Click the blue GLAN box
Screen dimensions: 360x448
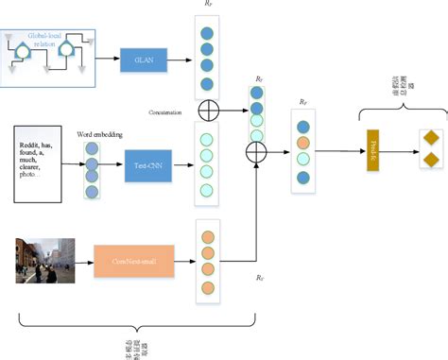pos(145,61)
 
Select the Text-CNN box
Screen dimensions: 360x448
pos(146,166)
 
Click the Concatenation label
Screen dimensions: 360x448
pos(171,111)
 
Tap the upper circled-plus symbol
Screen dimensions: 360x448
pos(209,111)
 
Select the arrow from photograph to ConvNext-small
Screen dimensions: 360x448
pos(83,258)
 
